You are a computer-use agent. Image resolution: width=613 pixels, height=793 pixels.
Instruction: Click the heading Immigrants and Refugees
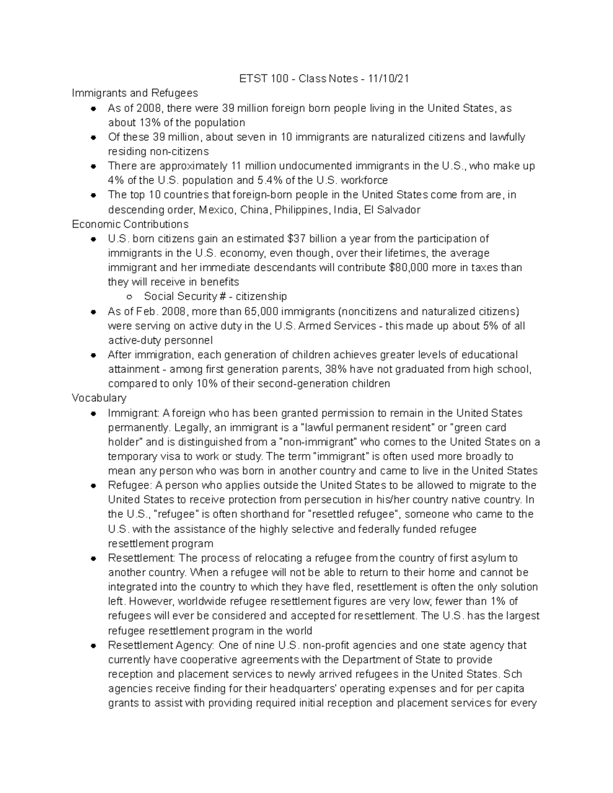[135, 93]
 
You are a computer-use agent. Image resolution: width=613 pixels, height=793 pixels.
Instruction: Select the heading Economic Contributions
[130, 224]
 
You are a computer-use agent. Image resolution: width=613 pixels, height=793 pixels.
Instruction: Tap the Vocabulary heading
[99, 398]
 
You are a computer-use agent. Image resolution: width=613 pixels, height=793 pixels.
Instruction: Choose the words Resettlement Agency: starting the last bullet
[161, 645]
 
